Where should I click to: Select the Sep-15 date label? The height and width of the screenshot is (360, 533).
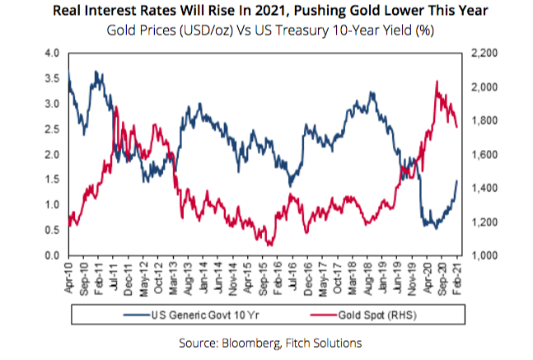[266, 274]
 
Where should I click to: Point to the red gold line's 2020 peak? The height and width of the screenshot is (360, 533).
[435, 81]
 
